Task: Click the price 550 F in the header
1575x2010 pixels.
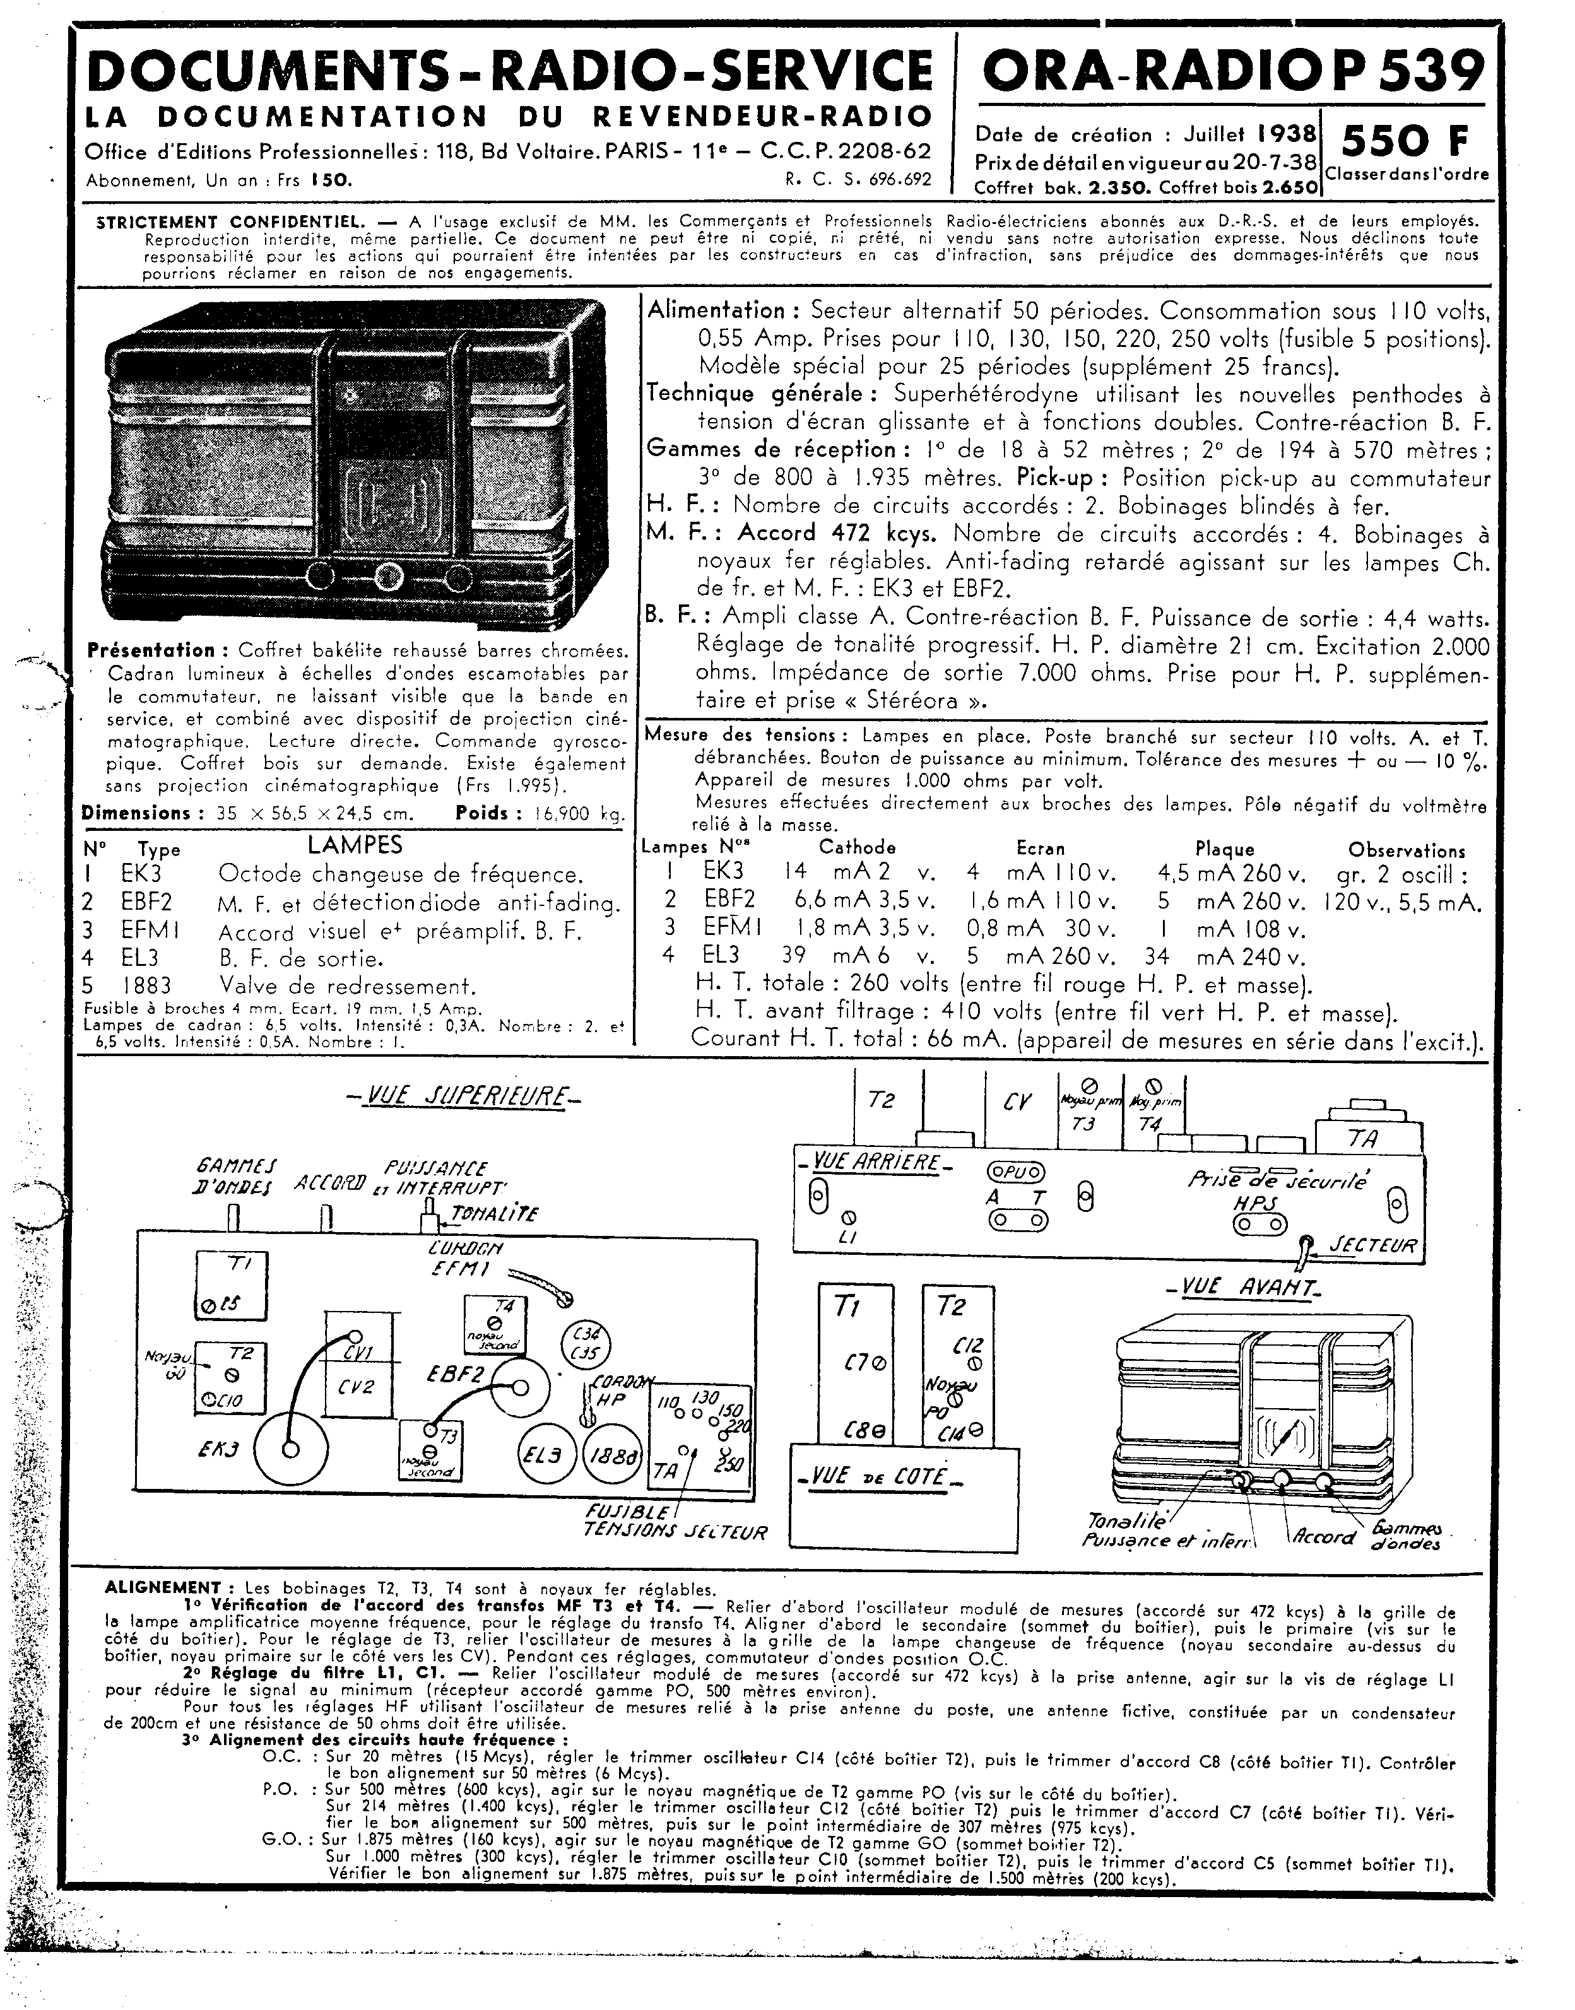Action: (1405, 141)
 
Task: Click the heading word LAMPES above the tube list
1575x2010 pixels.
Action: (355, 845)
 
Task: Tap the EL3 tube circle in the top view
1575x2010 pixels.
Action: (546, 1456)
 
